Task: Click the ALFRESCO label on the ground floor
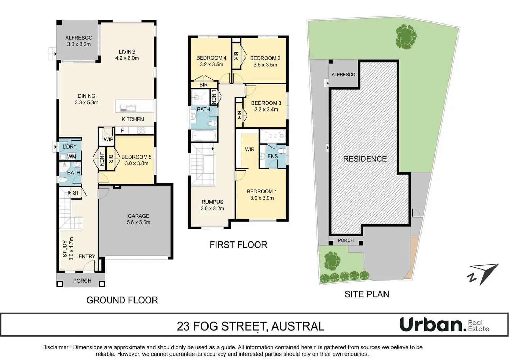[x=79, y=38]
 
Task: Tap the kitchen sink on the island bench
[x=128, y=108]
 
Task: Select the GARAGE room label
[x=138, y=216]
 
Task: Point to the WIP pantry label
[x=108, y=139]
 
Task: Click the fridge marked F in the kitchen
[x=122, y=131]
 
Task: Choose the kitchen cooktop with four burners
[x=141, y=130]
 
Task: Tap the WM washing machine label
[x=72, y=157]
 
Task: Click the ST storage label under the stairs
[x=76, y=193]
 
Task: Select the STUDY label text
[x=65, y=249]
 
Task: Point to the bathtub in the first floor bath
[x=204, y=136]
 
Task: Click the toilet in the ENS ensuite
[x=282, y=151]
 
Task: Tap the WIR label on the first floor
[x=250, y=149]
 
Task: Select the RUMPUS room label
[x=212, y=202]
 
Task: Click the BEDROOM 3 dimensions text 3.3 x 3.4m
[x=266, y=110]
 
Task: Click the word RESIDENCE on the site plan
[x=365, y=159]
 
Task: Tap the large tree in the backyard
[x=406, y=37]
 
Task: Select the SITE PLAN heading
[x=367, y=294]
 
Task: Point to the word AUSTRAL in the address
[x=298, y=326]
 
